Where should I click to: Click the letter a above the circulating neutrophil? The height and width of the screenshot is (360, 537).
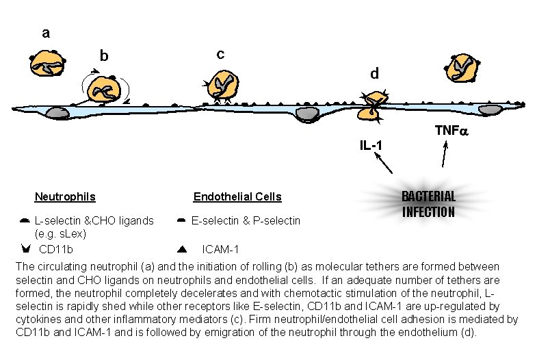click(x=46, y=32)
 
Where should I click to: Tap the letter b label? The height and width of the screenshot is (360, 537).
click(x=104, y=55)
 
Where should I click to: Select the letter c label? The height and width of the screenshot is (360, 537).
click(x=220, y=53)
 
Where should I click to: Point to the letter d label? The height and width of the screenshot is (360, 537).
click(x=374, y=73)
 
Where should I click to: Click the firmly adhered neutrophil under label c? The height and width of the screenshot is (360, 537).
click(x=222, y=86)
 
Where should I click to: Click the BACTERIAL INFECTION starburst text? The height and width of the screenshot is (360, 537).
click(x=428, y=204)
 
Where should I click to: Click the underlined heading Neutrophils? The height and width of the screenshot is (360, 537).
click(x=65, y=197)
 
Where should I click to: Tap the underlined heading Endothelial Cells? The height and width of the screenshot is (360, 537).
click(x=237, y=197)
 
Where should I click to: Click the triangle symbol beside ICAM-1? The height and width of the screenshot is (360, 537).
click(x=182, y=248)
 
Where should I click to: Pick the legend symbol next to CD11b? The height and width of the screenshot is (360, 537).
click(x=25, y=248)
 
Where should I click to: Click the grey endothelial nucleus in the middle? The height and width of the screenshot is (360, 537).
click(x=306, y=113)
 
